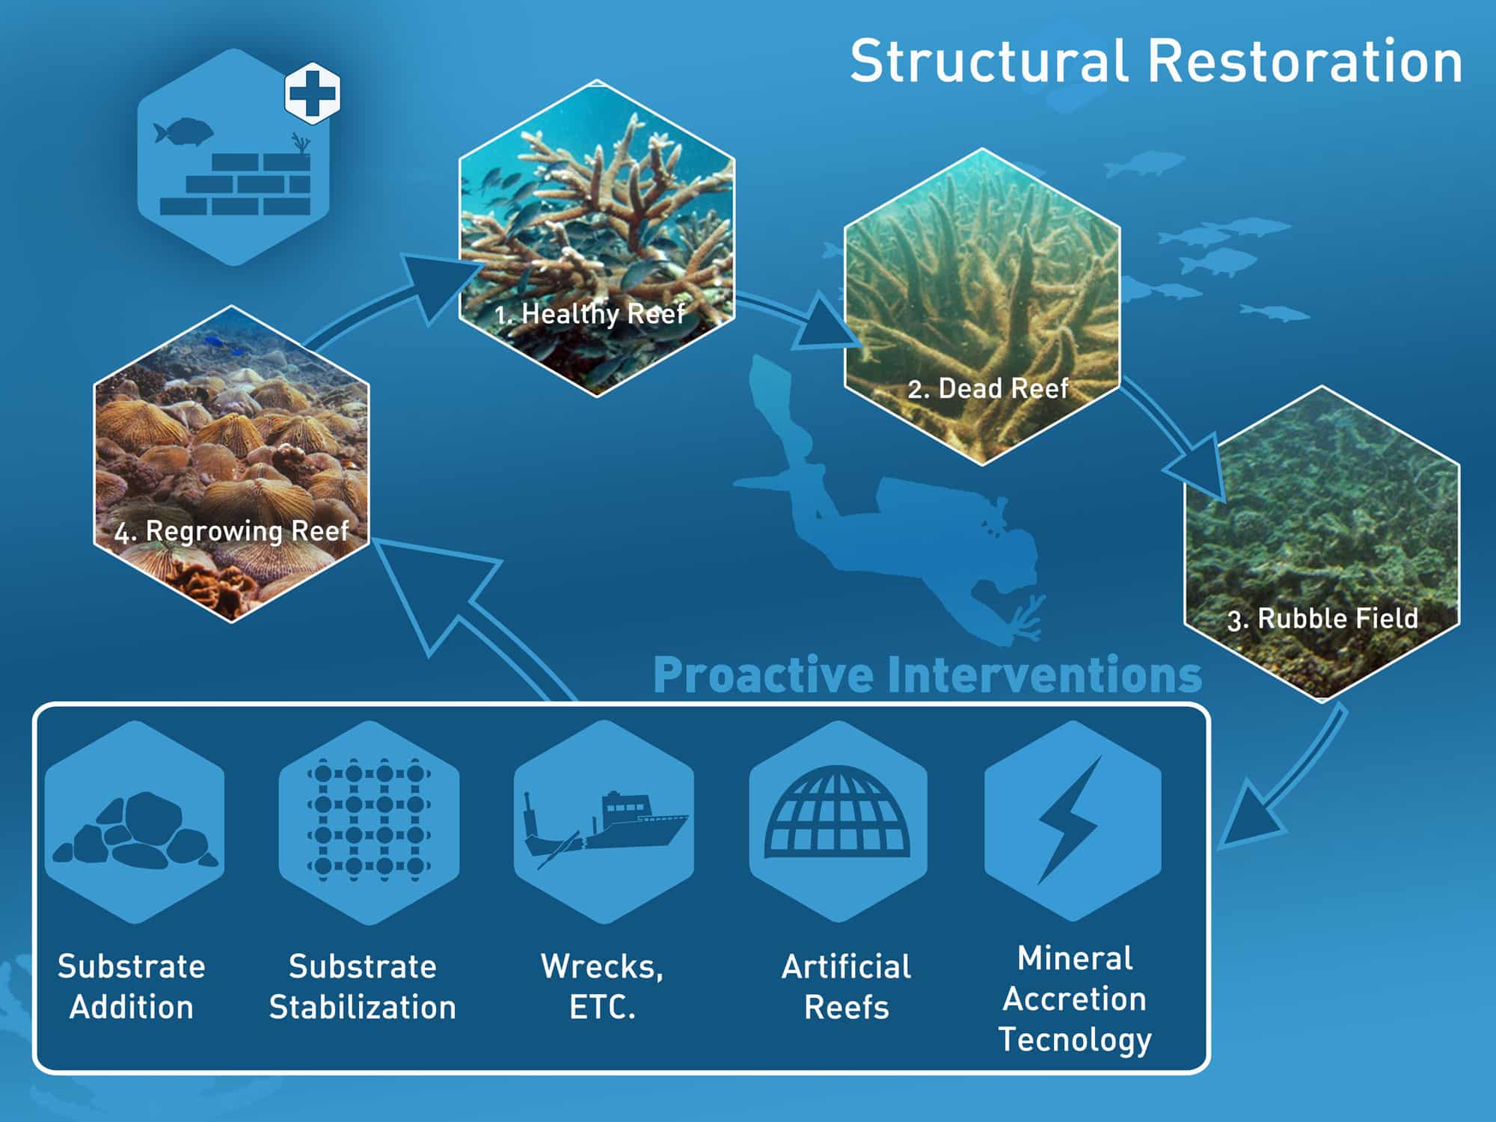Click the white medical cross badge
coord(313,93)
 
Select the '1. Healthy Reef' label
coord(589,313)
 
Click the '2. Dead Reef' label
coord(988,388)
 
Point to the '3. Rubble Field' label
coord(1322,619)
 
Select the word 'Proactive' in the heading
coord(764,675)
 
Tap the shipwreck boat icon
coord(604,829)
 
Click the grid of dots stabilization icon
coord(369,820)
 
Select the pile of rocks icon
coord(135,831)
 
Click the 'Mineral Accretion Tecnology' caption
coord(1075,999)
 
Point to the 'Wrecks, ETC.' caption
coord(602,987)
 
